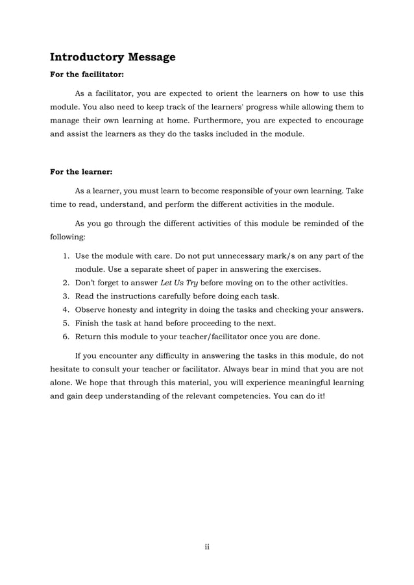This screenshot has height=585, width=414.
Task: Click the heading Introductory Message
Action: pyautogui.click(x=113, y=57)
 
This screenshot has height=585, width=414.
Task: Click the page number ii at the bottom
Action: pyautogui.click(x=207, y=547)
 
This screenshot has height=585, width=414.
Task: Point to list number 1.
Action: pyautogui.click(x=66, y=256)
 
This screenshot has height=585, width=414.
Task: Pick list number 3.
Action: pyautogui.click(x=66, y=296)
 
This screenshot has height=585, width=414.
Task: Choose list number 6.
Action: pyautogui.click(x=66, y=337)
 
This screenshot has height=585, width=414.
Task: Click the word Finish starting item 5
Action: pyautogui.click(x=87, y=323)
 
